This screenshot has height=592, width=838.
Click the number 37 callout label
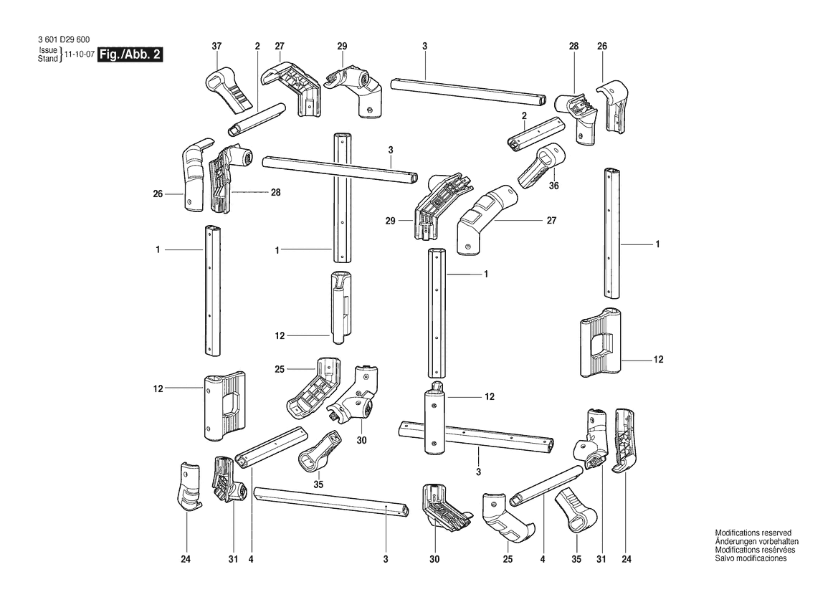[216, 47]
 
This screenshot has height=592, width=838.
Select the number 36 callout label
[553, 185]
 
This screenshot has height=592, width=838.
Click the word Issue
[47, 51]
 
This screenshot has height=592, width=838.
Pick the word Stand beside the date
[47, 59]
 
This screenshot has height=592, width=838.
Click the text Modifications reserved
[753, 533]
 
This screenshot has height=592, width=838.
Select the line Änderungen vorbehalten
[756, 542]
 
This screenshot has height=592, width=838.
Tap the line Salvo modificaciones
[751, 558]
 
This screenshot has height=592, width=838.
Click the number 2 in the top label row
[256, 47]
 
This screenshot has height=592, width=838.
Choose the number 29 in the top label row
[342, 47]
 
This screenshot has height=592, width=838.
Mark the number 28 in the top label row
[573, 47]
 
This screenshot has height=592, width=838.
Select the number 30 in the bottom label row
[435, 558]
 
